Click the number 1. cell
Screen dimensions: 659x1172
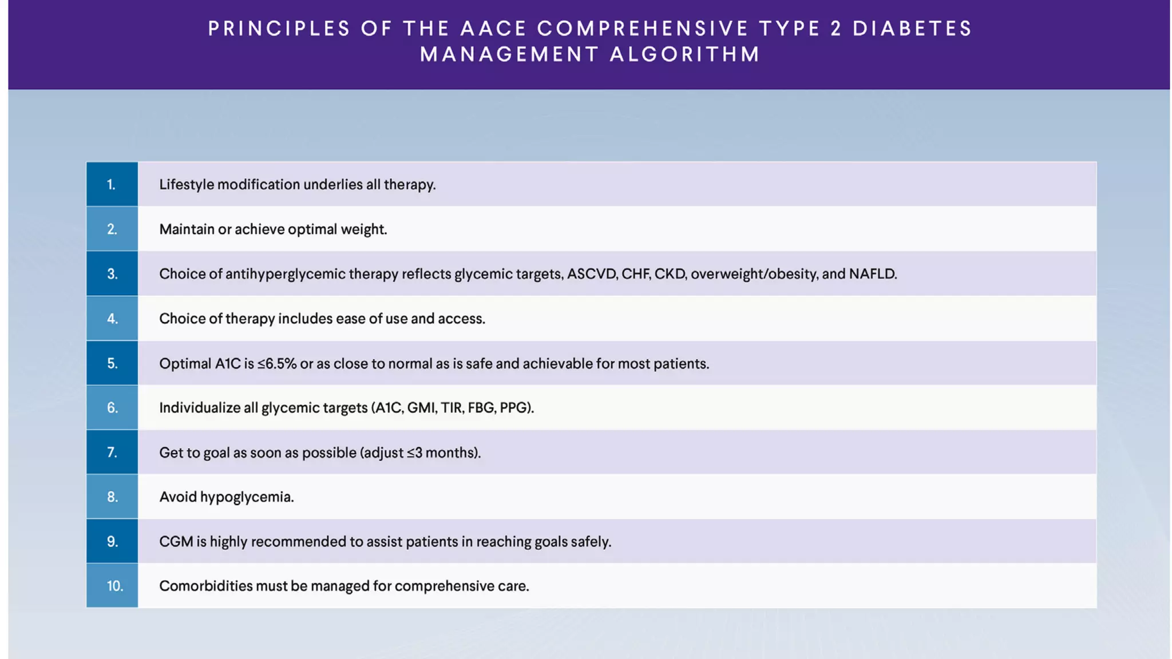[x=112, y=184]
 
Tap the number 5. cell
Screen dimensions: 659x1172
[x=112, y=363]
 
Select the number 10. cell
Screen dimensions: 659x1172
[x=112, y=586]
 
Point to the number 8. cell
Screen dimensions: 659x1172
[x=112, y=497]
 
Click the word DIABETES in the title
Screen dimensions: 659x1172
[x=913, y=29]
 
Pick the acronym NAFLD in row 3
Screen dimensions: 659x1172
[x=872, y=274]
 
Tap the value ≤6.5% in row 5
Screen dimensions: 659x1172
[x=277, y=364]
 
